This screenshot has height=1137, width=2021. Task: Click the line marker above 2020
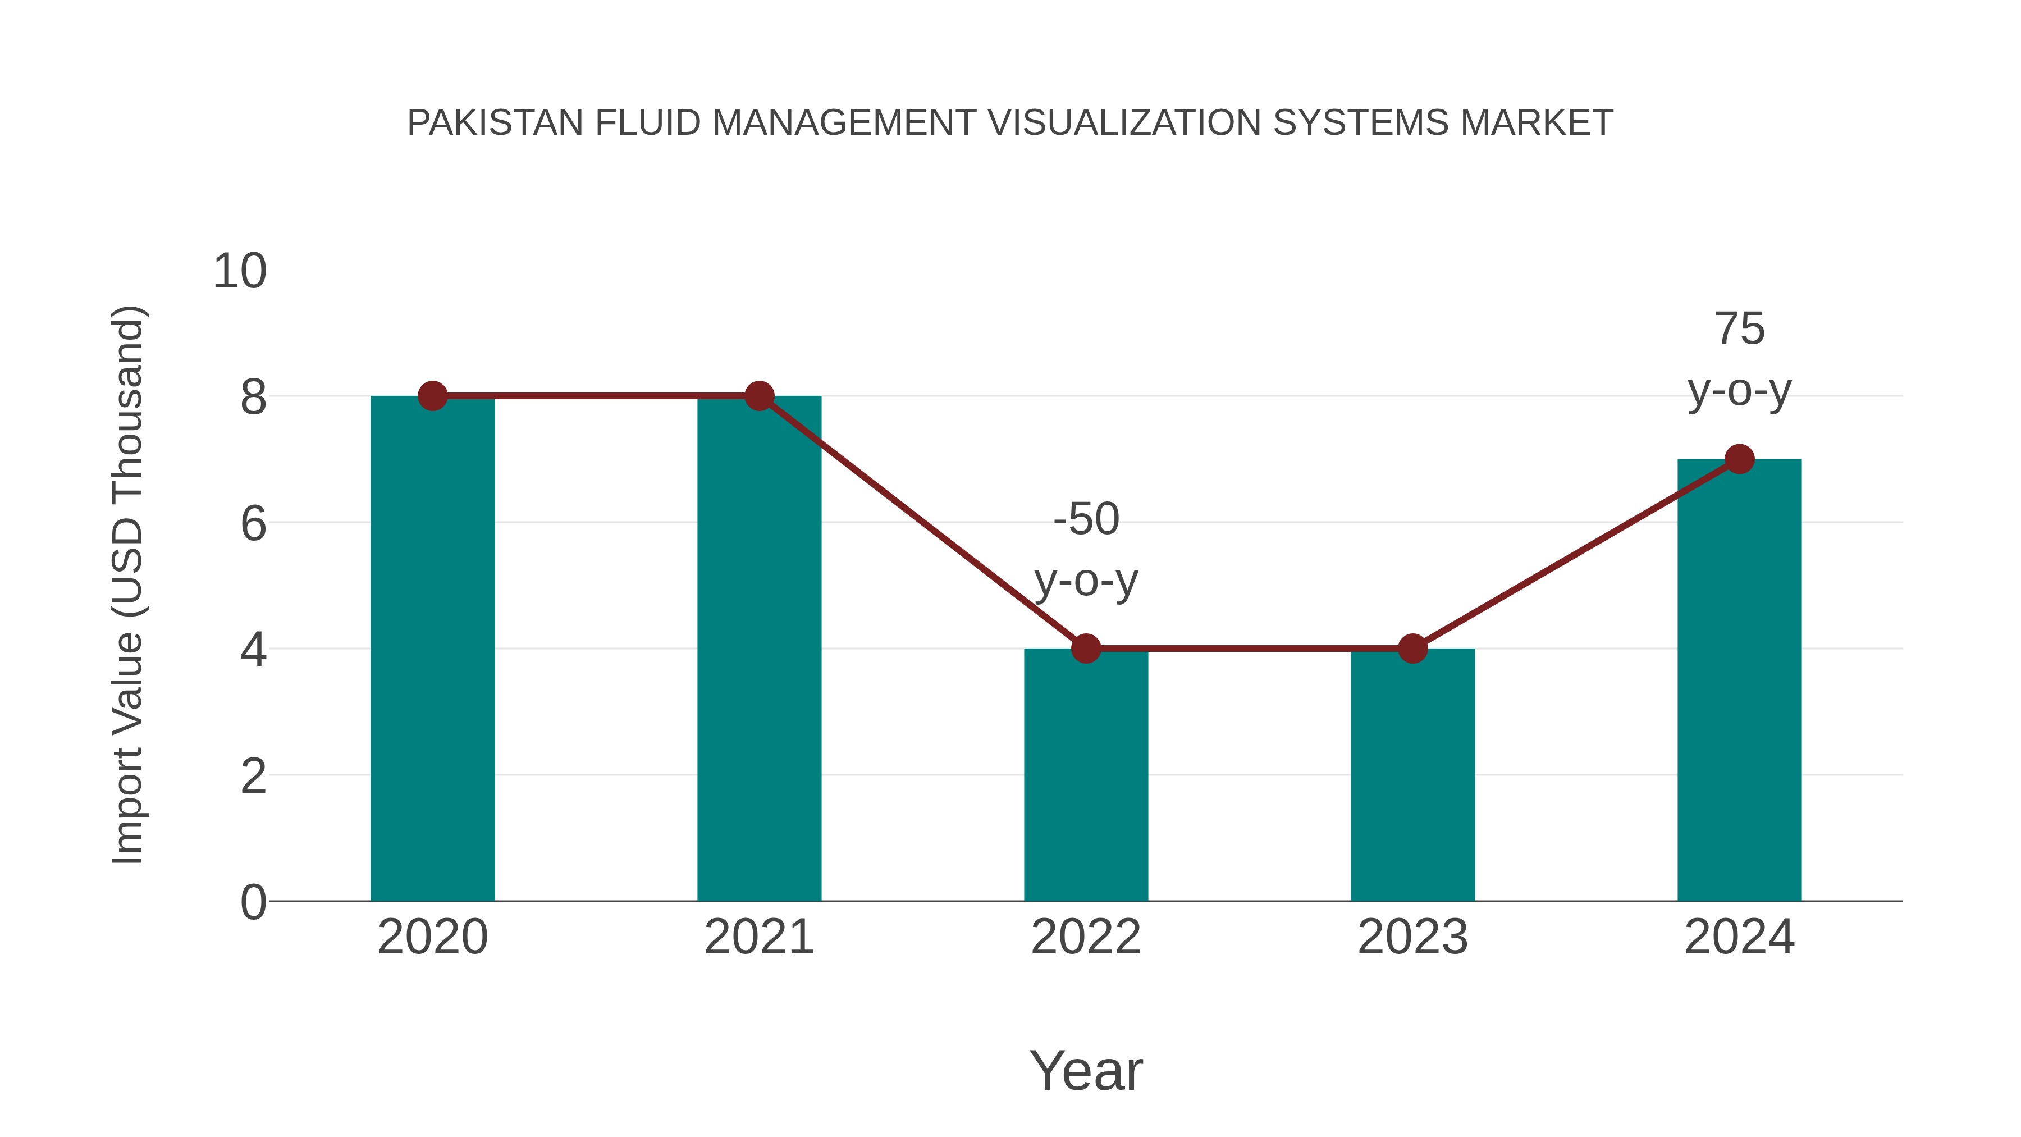pos(432,396)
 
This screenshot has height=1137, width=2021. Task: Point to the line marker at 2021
pos(758,396)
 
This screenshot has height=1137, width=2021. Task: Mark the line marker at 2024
pos(1739,459)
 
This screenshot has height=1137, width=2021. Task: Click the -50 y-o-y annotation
pos(1086,549)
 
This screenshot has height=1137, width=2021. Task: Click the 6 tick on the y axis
pos(253,523)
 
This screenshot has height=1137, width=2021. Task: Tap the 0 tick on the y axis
pos(253,902)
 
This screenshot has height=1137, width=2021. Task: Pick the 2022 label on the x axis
pos(1086,937)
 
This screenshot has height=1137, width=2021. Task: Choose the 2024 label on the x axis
pos(1739,937)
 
